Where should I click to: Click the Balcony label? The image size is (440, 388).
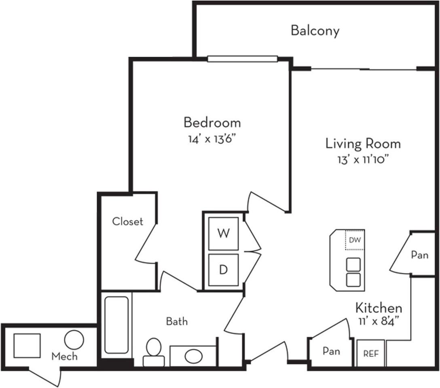coord(315,30)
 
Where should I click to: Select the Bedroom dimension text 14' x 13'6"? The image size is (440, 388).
coord(211,139)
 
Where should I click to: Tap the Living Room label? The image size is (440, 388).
coord(363,143)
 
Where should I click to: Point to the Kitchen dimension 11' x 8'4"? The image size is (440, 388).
coord(379,321)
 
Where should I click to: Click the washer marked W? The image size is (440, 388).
coord(223,234)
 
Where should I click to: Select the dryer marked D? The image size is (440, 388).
coord(223,270)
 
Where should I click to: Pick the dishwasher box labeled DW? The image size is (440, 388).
coord(355,240)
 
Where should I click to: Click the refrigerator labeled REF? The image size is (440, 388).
coord(371,353)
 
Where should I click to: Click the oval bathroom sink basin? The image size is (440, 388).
coord(194,356)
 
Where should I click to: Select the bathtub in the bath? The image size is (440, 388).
coord(116,325)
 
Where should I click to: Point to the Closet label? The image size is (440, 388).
coord(128,221)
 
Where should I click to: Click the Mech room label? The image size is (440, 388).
coord(64,356)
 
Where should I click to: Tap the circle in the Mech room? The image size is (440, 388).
coord(74,339)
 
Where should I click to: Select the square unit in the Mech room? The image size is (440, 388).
coord(27,346)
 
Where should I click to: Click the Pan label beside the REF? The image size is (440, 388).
coord(331,351)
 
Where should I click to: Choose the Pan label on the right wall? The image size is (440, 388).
coord(420,255)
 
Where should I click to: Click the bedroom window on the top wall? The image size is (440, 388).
coord(243,59)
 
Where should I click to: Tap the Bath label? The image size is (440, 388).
coord(177,321)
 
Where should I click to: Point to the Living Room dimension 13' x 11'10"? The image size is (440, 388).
coord(363,160)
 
